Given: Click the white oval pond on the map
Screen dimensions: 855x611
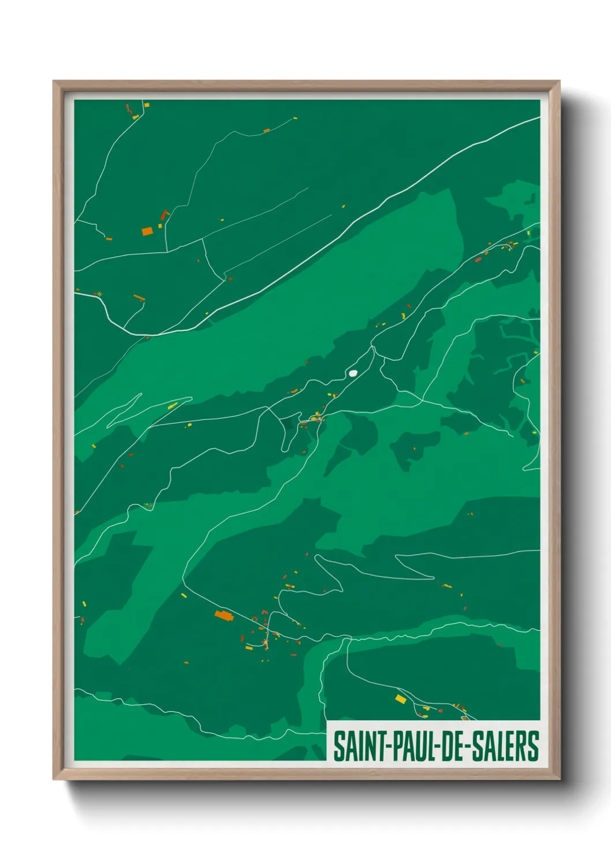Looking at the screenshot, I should [x=353, y=373].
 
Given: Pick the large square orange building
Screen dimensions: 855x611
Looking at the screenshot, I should [x=147, y=231].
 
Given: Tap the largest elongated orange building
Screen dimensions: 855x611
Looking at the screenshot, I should [x=223, y=616].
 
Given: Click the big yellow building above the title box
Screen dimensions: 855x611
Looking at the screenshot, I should [x=400, y=699].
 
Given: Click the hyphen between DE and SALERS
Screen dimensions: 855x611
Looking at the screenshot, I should [x=468, y=747].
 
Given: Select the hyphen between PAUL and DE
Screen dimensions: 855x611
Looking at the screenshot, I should [x=437, y=747].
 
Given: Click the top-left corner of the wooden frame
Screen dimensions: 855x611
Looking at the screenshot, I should [x=54, y=82].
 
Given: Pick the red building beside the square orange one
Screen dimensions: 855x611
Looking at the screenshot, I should [x=164, y=215].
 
